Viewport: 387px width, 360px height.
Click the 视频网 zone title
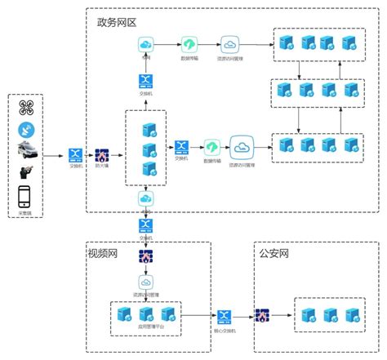(x=103, y=254)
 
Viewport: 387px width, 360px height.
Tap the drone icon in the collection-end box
(x=25, y=108)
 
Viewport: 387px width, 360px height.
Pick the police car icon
(x=25, y=150)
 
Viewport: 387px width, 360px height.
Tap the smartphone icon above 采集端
(x=25, y=197)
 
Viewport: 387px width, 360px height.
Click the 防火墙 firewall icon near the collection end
(x=103, y=153)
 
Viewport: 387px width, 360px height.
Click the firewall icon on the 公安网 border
(x=263, y=315)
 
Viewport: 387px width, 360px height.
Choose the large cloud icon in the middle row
(x=242, y=147)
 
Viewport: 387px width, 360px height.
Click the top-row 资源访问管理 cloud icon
(x=229, y=44)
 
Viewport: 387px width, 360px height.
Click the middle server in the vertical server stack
(x=150, y=149)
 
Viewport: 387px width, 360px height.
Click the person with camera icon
(x=25, y=172)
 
